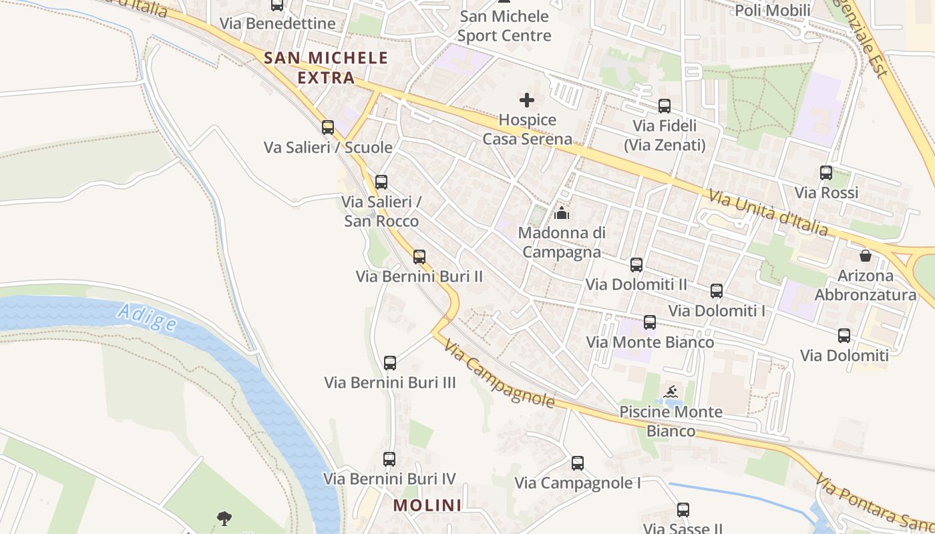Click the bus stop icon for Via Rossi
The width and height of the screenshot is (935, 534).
pos(826,173)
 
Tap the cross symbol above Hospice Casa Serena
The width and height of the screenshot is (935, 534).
pos(527,101)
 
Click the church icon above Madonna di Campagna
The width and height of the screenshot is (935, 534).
pos(562,214)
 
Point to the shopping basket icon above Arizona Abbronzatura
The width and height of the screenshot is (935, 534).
pos(866,256)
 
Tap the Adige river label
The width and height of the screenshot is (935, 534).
pos(146,317)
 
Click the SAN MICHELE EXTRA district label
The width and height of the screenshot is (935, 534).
pos(326,67)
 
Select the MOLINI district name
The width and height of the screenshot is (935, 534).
pos(427,505)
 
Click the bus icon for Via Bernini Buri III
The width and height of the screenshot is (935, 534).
pos(390,363)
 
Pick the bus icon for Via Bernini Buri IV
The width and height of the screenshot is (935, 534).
pos(389,459)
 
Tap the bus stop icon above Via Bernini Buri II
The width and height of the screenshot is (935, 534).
pos(419,257)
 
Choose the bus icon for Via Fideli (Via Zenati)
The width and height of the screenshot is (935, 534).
pos(665,106)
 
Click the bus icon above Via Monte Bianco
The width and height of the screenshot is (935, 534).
pos(650,322)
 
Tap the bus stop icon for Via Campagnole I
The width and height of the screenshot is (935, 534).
pos(578,463)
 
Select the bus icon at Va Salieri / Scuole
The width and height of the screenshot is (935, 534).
pos(328,127)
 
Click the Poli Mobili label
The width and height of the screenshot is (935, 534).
pos(773,10)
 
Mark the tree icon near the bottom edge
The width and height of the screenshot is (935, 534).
pos(225,517)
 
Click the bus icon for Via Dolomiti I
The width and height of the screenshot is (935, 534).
pos(717,291)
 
